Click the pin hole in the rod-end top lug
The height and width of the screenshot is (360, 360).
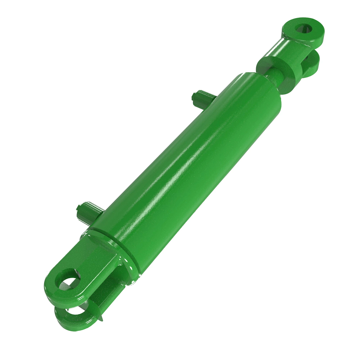(x=303, y=29)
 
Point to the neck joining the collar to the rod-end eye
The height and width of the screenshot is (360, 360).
(x=289, y=48)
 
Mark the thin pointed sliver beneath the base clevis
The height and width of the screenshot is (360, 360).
(x=100, y=313)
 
